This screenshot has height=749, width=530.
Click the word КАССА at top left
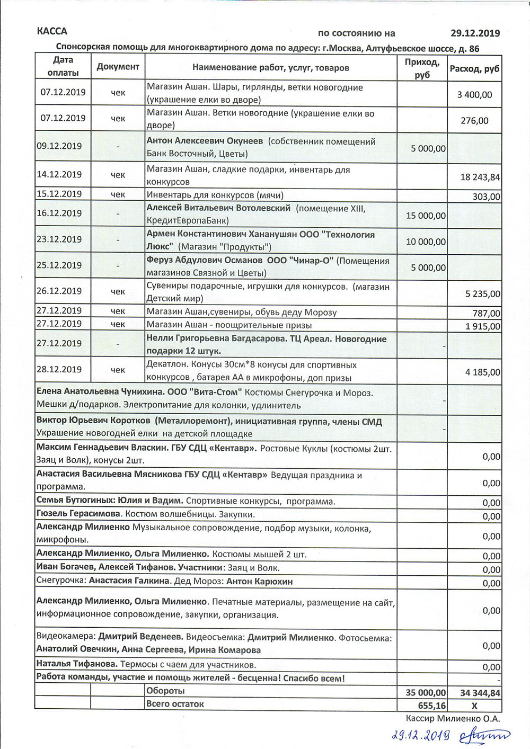(x=52, y=31)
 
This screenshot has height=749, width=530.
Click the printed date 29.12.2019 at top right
(x=475, y=33)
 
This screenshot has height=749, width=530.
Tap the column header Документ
(x=118, y=67)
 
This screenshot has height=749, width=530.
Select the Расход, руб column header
(x=474, y=69)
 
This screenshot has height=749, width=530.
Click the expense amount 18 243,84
(x=480, y=177)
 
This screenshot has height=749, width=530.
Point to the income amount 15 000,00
(x=426, y=216)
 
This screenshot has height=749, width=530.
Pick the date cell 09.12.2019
(x=59, y=146)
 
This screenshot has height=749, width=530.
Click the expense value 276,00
(x=474, y=121)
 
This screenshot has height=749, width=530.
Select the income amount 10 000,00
(x=426, y=242)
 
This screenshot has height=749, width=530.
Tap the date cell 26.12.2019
(x=59, y=291)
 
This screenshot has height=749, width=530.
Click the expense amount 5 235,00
(x=482, y=294)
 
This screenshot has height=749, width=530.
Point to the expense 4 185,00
(x=482, y=372)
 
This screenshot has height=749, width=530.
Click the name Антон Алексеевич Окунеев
(x=205, y=141)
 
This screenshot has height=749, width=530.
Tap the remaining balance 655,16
(x=432, y=706)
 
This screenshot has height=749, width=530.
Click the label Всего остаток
(x=175, y=704)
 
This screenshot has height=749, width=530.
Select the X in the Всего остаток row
(x=474, y=706)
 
